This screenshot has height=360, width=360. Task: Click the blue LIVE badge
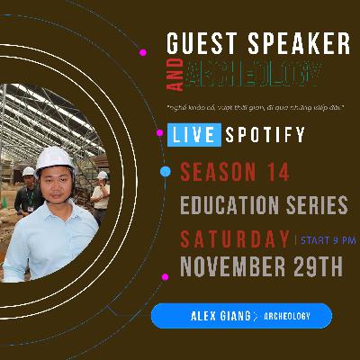click(191, 137)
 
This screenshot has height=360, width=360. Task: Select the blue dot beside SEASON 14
click(165, 171)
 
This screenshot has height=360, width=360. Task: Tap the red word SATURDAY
click(234, 239)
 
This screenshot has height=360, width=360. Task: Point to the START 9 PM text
click(326, 239)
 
